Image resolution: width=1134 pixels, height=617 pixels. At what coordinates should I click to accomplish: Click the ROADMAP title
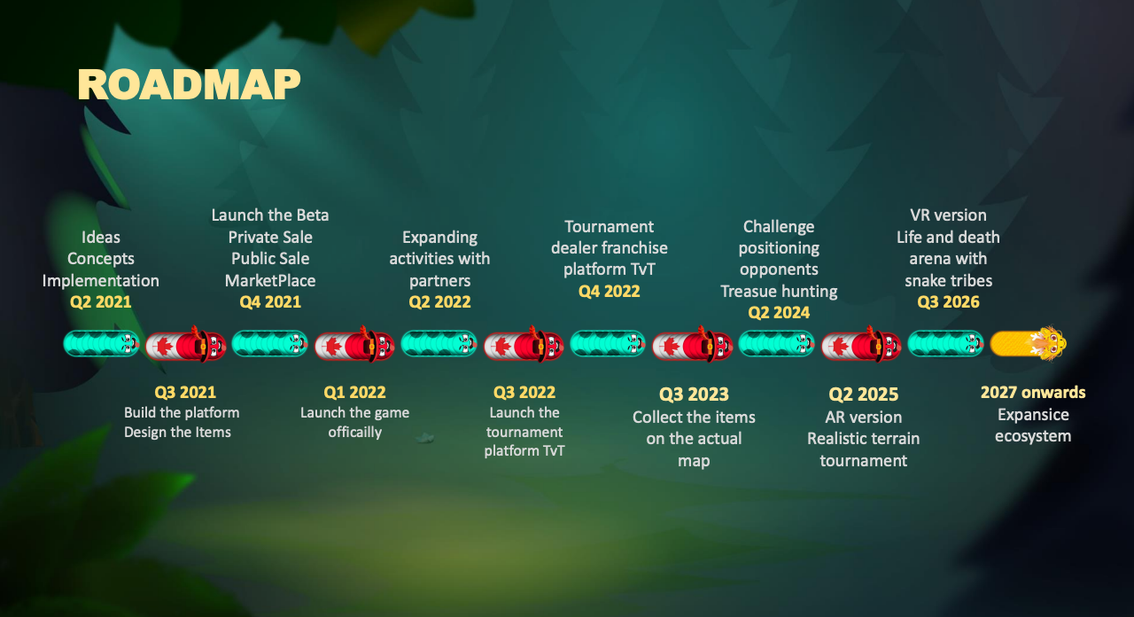[x=189, y=84]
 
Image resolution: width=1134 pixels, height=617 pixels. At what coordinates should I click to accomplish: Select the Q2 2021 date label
[x=101, y=302]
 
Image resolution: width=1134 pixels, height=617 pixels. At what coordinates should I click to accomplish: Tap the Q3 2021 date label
[x=185, y=392]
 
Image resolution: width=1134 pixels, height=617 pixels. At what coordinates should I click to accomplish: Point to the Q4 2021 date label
[x=270, y=302]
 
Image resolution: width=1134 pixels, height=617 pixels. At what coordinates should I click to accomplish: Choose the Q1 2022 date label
[x=355, y=392]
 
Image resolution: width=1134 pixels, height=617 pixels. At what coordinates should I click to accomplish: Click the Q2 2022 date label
[x=440, y=302]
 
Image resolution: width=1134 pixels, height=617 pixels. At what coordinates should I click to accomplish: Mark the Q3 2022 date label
[x=524, y=392]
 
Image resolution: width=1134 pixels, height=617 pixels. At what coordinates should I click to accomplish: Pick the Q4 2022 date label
[x=610, y=292]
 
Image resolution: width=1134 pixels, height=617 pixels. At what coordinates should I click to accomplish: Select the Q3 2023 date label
[x=694, y=394]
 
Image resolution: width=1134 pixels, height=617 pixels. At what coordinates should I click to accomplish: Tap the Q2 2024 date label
[x=779, y=313]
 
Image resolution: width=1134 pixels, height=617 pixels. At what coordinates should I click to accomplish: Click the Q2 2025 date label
[x=864, y=394]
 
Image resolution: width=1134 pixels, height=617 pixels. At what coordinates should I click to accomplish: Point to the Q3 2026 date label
[x=949, y=302]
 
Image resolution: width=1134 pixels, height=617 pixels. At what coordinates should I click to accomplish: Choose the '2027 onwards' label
[x=1033, y=392]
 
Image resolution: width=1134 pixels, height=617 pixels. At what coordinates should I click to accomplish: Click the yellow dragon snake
[x=1029, y=343]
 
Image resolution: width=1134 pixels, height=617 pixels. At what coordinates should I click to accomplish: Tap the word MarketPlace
[x=270, y=281]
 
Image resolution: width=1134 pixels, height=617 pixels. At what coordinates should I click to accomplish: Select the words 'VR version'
[x=949, y=215]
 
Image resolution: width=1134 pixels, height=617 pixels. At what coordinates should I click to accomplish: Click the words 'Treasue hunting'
[x=779, y=292]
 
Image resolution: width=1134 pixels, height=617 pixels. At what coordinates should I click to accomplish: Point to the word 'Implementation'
[x=101, y=281]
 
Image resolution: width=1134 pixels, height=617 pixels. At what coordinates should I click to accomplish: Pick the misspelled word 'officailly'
[x=355, y=432]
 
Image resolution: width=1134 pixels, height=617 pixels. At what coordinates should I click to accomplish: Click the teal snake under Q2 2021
[x=101, y=343]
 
